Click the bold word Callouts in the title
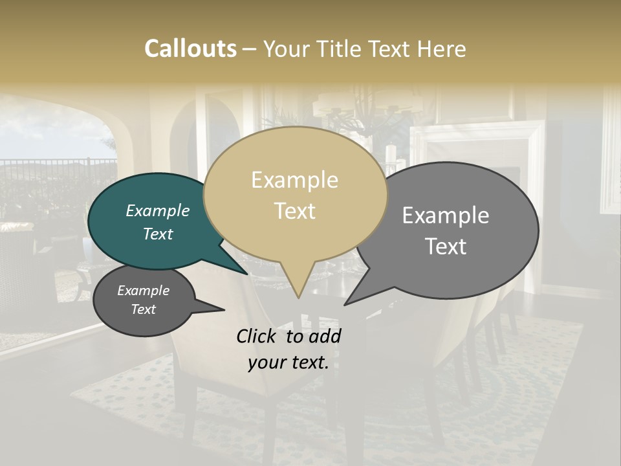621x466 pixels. tap(190, 49)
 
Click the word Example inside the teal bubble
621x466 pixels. tap(157, 211)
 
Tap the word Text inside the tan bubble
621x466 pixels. tap(295, 211)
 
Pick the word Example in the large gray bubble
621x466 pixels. tap(446, 216)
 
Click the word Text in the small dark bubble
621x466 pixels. tap(143, 309)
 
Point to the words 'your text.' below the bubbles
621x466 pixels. tap(289, 362)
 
